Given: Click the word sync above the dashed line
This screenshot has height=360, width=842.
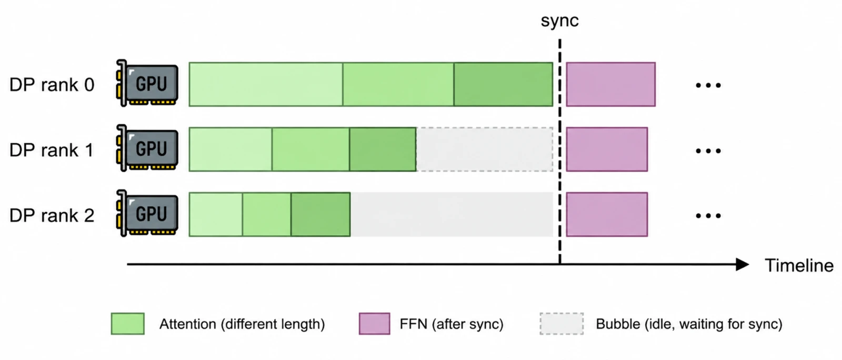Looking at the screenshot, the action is coord(559,21).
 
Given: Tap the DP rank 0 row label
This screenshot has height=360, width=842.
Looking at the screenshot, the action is coord(52,85).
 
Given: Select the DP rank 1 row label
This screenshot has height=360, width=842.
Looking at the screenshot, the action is coord(52,150).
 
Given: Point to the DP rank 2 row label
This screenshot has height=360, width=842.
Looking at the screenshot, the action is coord(52,215).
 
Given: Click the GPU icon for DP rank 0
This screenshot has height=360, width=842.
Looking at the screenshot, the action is coord(147,83).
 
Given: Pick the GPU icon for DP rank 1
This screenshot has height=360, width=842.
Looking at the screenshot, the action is coord(147,148).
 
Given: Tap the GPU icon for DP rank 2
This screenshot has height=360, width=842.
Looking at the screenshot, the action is coord(147,213).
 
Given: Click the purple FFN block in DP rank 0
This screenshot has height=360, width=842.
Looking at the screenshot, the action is coord(611,84).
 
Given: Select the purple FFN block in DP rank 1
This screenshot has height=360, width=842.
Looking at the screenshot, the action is coord(607,149).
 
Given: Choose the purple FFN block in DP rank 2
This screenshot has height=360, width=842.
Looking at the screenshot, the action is coord(607,214).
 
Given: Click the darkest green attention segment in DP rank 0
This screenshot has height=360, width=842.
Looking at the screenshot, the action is coord(503,84).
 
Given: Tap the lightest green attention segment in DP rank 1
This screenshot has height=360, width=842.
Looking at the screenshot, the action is coord(230,149).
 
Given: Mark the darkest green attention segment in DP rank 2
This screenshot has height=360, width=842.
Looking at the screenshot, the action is coord(320,214).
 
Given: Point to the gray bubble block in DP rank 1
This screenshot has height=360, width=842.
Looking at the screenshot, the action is coord(485,149).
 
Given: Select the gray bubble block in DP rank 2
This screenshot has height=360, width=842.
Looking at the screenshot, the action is coord(452,214).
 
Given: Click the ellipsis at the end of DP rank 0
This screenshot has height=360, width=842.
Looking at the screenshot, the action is coord(708,85).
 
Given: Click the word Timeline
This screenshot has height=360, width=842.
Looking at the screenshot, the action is coord(799,266).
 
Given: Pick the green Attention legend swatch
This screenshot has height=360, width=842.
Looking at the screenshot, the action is coord(128,324).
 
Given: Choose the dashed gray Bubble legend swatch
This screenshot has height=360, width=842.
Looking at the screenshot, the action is coord(562,324).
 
